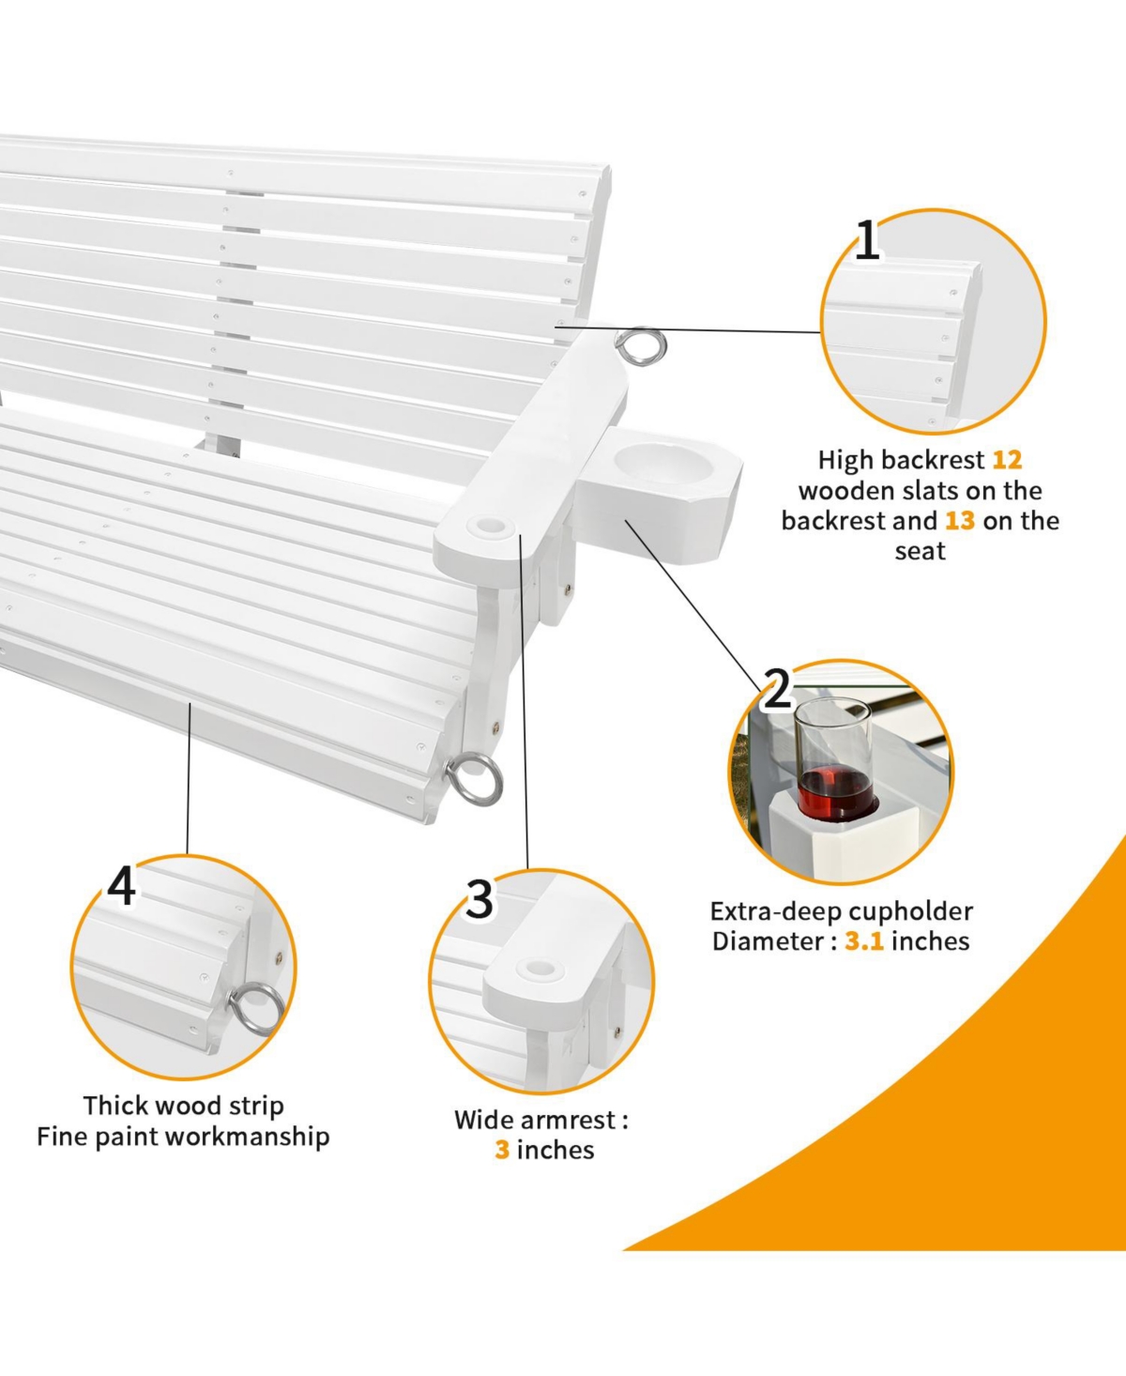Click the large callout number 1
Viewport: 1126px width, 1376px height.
coord(868,239)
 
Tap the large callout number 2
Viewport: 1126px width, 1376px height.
coord(777,689)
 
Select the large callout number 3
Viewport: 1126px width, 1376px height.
coord(479,899)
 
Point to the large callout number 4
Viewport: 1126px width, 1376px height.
coord(121,885)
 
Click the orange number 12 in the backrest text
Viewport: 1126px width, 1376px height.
coord(1007,460)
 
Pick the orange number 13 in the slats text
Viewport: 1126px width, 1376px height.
coord(960,521)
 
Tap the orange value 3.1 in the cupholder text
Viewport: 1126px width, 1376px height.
coord(864,941)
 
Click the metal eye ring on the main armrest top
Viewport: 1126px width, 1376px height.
coord(641,346)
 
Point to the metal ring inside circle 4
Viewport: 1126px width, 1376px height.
coord(256,1009)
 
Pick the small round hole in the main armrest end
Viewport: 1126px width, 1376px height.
coord(491,525)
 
